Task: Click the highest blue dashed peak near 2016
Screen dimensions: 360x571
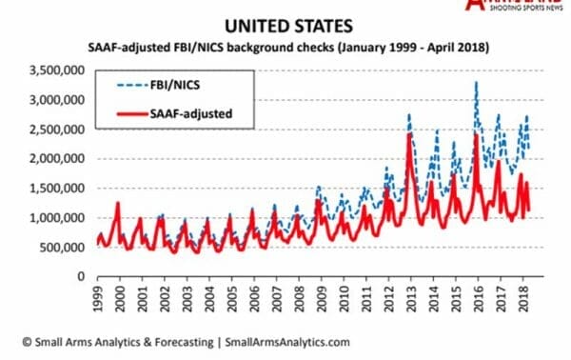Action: pos(476,83)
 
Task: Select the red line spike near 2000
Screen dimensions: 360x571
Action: pos(118,203)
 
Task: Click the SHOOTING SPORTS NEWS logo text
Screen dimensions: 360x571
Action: pos(521,10)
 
